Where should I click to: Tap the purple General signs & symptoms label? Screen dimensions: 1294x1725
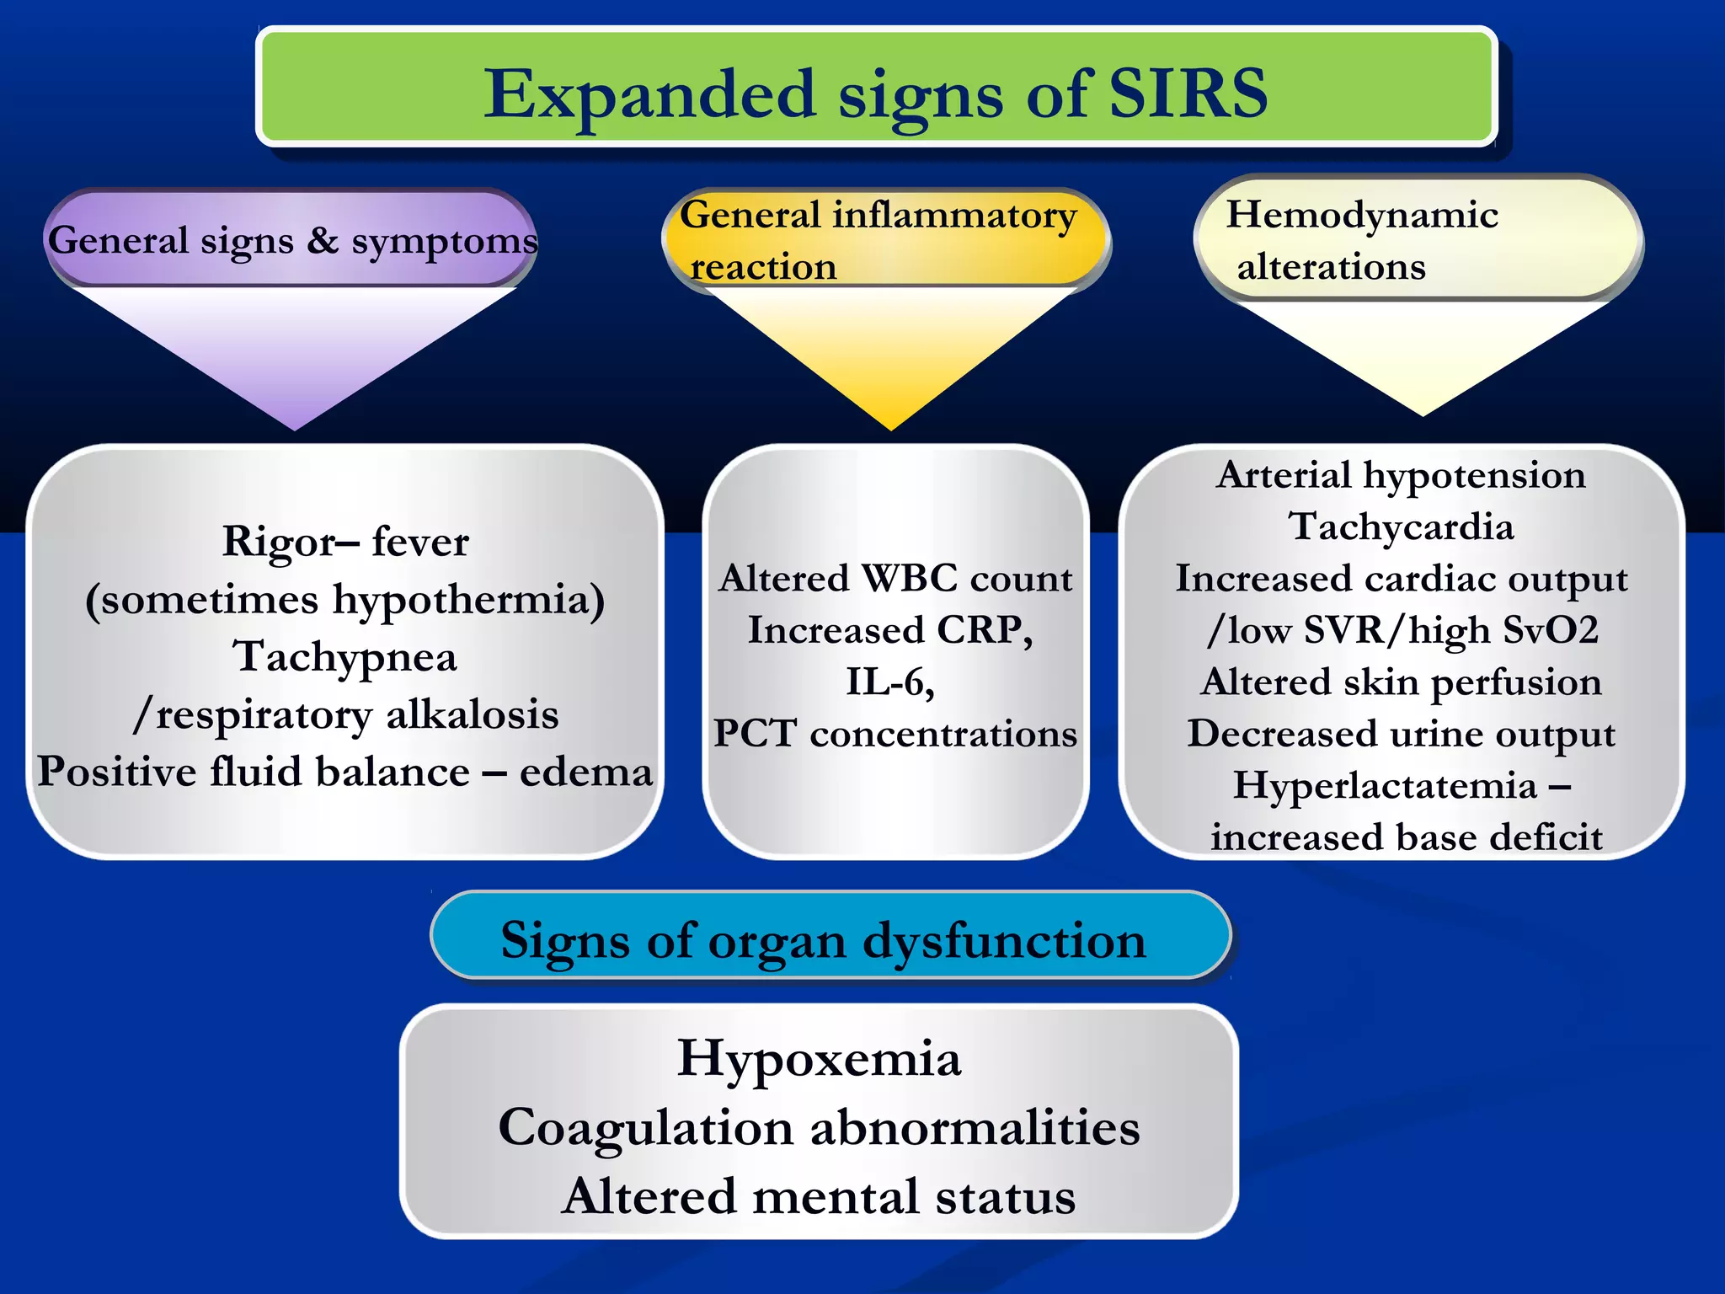click(x=291, y=240)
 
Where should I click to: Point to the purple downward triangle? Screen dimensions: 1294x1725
click(x=295, y=354)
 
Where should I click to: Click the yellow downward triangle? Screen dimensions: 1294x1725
click(x=890, y=354)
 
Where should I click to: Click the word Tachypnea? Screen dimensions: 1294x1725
click(x=345, y=656)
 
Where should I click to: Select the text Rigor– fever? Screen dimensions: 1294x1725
click(x=345, y=541)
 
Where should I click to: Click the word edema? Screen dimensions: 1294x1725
click(x=586, y=772)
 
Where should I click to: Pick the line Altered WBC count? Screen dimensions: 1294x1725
click(x=895, y=579)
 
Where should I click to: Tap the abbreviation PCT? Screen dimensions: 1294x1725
click(x=755, y=734)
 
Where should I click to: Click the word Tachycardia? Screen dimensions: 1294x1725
click(x=1402, y=527)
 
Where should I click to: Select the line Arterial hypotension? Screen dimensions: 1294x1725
click(x=1402, y=475)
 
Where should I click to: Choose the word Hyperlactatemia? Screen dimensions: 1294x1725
click(x=1386, y=786)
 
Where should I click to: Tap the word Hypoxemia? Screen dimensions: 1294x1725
click(x=819, y=1058)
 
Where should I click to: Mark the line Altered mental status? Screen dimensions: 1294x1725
click(x=819, y=1196)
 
